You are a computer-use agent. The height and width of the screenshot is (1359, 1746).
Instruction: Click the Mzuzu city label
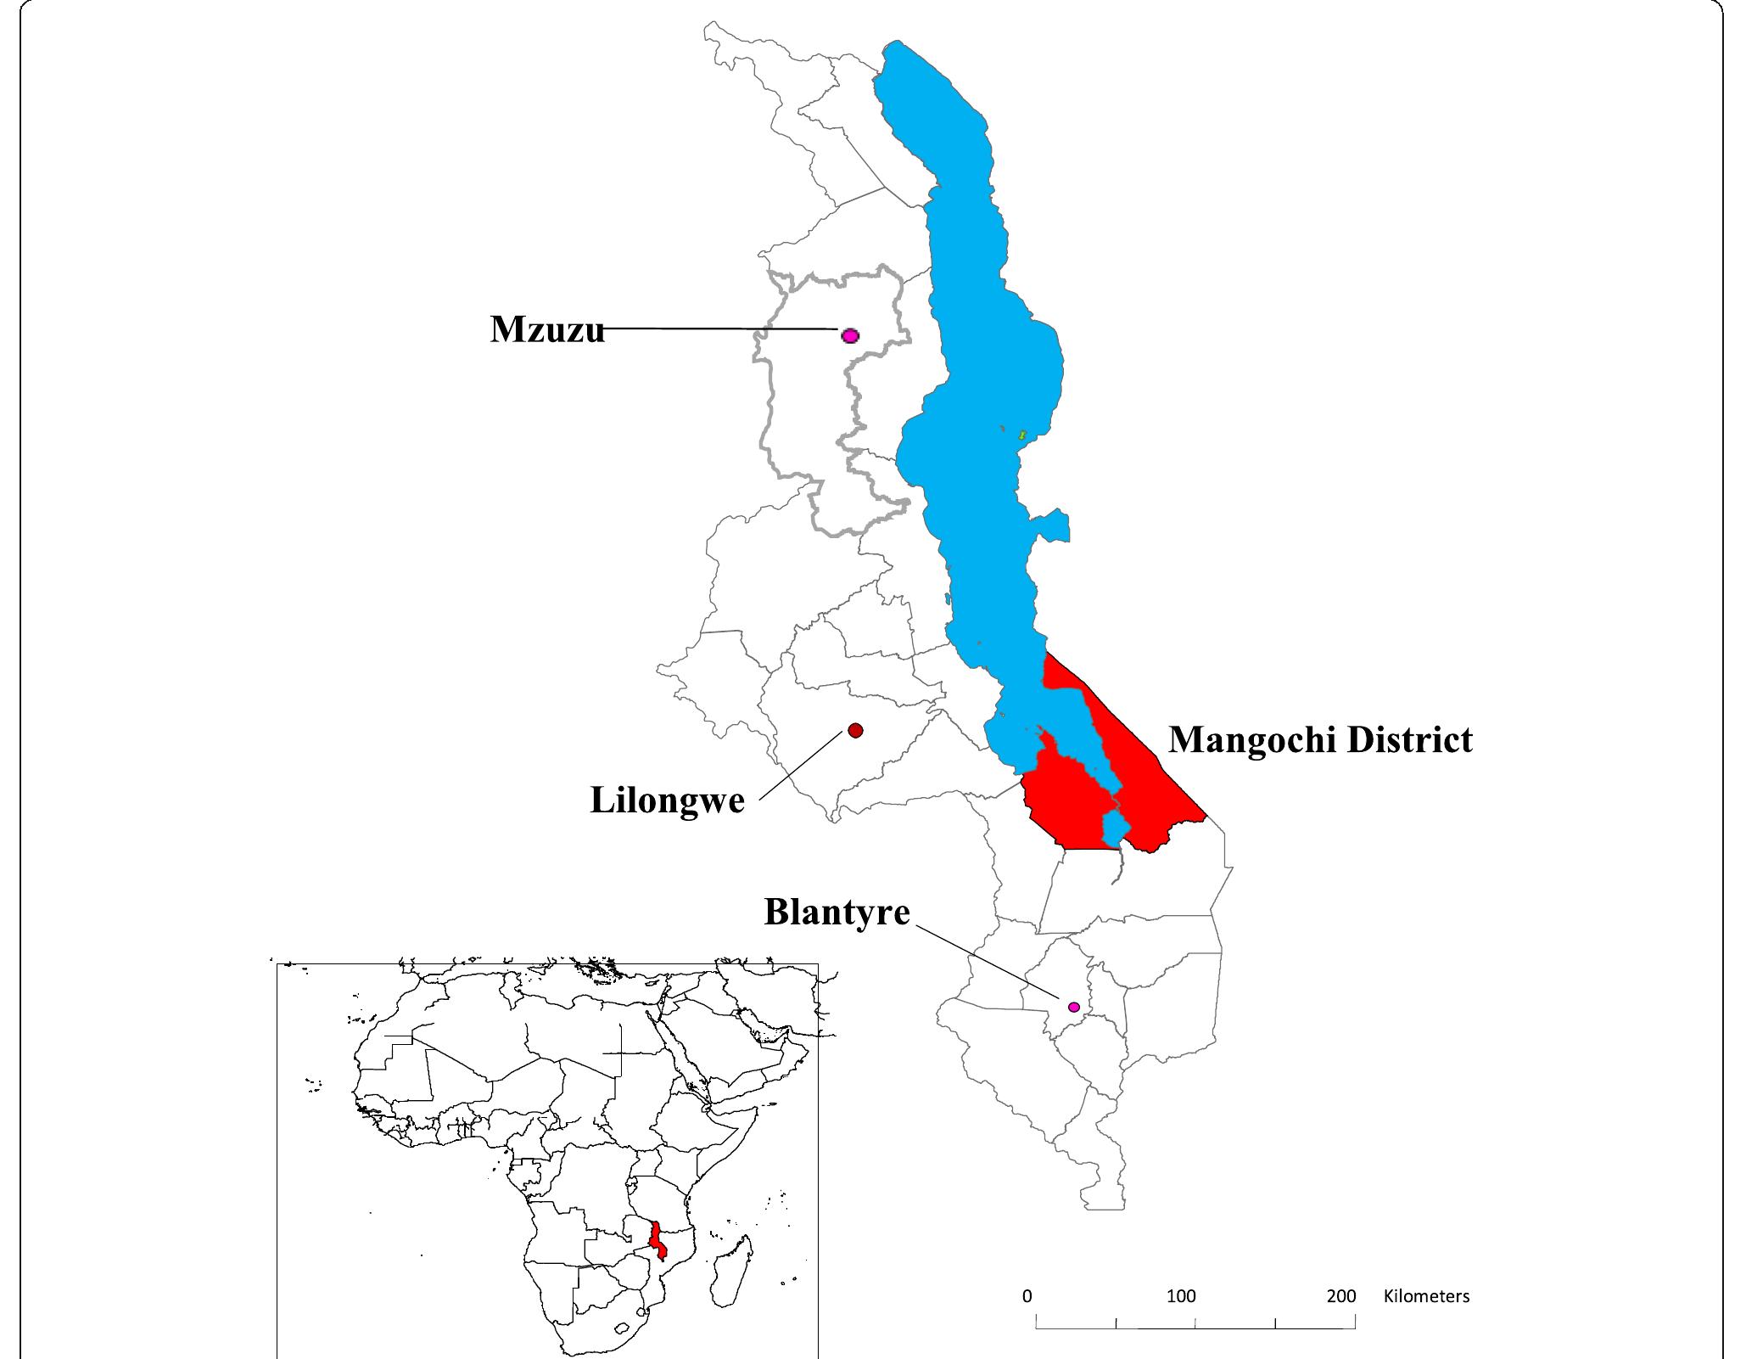[x=547, y=329]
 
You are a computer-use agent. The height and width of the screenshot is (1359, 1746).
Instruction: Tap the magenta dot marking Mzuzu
[x=849, y=335]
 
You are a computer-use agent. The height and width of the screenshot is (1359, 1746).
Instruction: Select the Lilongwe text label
[x=667, y=800]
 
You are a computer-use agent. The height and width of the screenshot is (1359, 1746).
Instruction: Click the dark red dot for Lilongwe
[x=855, y=730]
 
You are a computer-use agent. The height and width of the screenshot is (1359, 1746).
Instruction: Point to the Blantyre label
[x=837, y=913]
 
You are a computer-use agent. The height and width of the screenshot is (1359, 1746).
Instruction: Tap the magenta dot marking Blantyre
[x=1073, y=1007]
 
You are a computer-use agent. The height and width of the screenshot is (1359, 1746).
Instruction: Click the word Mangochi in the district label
[x=1251, y=740]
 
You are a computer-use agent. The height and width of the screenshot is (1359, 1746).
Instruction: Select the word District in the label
[x=1409, y=740]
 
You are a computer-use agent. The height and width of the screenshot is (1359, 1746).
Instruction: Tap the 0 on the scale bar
[x=1027, y=1296]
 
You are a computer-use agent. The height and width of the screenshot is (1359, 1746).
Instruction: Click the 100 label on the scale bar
[x=1180, y=1296]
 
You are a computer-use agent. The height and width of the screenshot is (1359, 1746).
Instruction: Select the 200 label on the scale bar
[x=1341, y=1296]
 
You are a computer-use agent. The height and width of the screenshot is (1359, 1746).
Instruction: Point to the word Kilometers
[x=1426, y=1296]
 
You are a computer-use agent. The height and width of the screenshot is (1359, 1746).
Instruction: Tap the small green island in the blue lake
[x=1023, y=435]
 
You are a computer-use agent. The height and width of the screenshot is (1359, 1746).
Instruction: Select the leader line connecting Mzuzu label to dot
[x=721, y=328]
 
